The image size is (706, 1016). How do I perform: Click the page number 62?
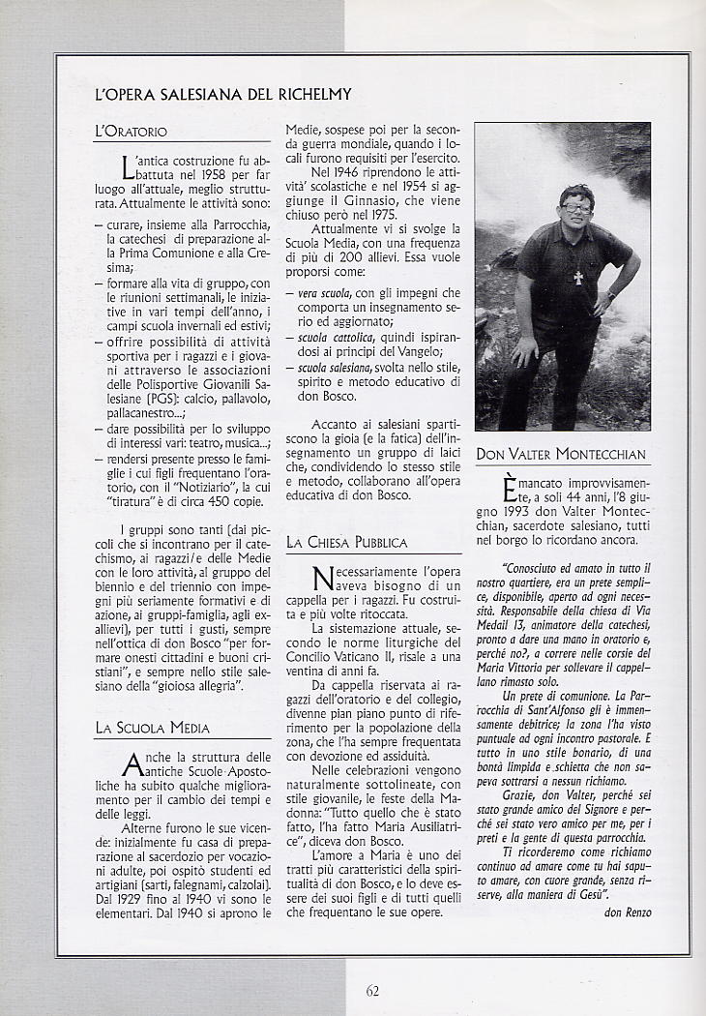372,989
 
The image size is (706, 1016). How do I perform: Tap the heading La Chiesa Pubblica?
346,543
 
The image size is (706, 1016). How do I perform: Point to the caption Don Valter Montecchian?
560,454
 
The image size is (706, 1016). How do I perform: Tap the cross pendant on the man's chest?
578,278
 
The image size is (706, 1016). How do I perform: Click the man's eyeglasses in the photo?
577,207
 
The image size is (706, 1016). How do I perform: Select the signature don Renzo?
627,911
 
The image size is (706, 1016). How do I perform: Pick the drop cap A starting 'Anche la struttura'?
133,765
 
